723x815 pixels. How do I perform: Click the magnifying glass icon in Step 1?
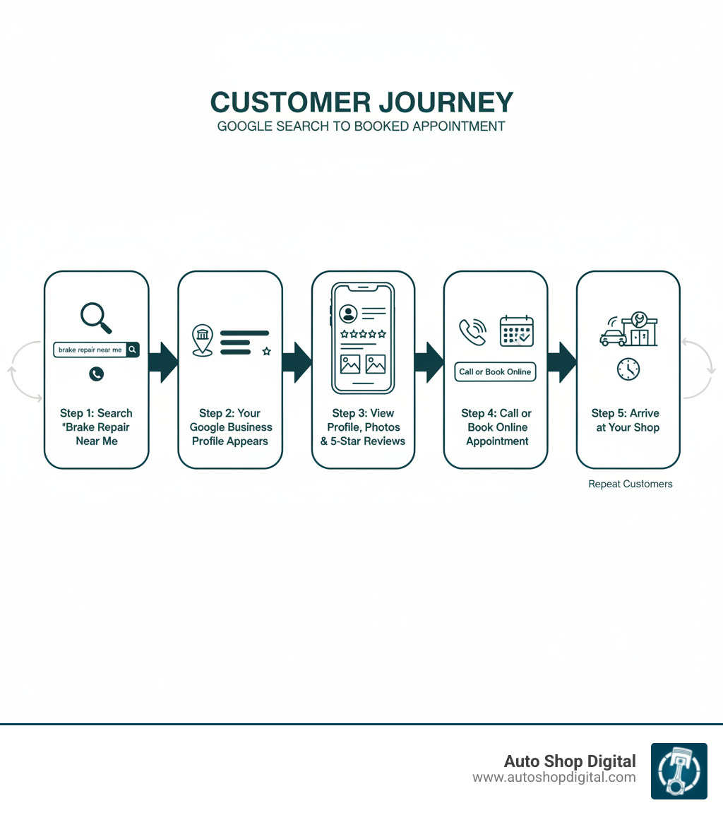click(96, 316)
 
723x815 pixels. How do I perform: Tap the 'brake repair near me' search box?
click(90, 350)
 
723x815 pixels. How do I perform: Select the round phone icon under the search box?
click(97, 374)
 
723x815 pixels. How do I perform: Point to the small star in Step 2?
click(266, 351)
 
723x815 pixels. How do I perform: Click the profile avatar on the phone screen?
click(347, 314)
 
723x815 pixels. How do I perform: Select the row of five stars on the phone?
click(363, 334)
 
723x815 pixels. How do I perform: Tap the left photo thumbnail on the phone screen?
click(350, 364)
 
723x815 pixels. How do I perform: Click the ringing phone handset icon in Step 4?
click(472, 331)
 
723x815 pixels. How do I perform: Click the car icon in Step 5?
click(611, 337)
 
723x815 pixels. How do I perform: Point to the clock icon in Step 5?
click(628, 369)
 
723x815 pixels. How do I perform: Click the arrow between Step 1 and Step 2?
click(163, 362)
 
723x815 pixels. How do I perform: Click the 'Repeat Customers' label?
click(630, 484)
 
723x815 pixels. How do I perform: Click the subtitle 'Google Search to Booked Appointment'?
click(361, 126)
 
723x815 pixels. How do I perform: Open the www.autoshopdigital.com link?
click(554, 778)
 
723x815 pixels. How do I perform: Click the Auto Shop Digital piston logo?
click(679, 771)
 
